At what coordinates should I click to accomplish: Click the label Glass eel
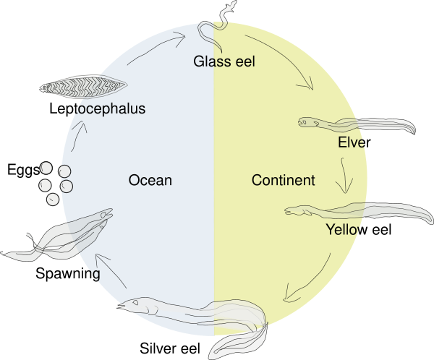coord(224,61)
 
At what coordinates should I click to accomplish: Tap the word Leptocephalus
coord(98,108)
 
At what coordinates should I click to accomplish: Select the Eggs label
coord(23,170)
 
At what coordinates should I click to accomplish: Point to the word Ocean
coord(150,180)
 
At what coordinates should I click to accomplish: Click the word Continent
coord(283,180)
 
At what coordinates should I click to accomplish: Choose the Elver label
coord(354,142)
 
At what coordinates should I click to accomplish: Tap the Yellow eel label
coord(359,229)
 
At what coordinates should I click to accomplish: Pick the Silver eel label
coord(170,348)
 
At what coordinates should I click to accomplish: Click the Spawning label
coord(68,274)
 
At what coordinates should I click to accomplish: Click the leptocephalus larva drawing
coord(83,87)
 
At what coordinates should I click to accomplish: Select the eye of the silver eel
coord(136,302)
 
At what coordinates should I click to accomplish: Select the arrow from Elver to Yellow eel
coord(344,176)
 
